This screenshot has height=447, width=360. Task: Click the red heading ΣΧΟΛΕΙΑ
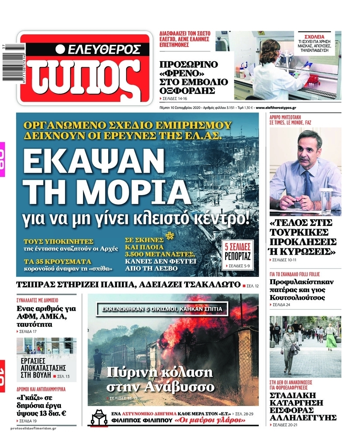click(314, 36)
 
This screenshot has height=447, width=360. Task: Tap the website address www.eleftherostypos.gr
click(276, 108)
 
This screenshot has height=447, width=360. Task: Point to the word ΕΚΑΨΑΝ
click(92, 161)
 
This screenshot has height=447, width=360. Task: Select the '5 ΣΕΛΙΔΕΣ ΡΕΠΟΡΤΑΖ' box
click(237, 254)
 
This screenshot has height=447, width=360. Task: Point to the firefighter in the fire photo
click(98, 361)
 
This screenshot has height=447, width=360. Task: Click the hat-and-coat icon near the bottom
click(99, 417)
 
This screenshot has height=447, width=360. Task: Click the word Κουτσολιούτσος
click(297, 297)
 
